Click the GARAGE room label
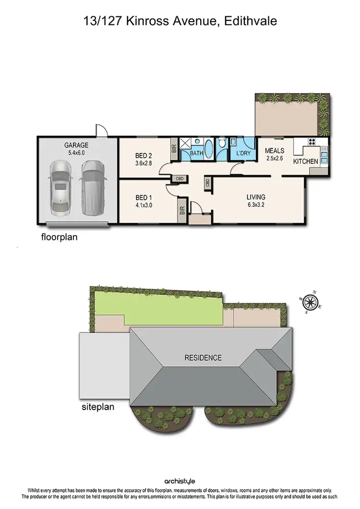point(76,145)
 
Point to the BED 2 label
point(144,156)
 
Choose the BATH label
point(196,153)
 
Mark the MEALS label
point(275,151)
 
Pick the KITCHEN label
point(306,161)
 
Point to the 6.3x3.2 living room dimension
point(255,205)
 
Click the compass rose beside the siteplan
point(311,302)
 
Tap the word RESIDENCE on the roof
point(204,358)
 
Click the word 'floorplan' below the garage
point(59,237)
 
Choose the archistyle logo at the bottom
point(180,481)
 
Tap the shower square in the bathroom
point(185,143)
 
